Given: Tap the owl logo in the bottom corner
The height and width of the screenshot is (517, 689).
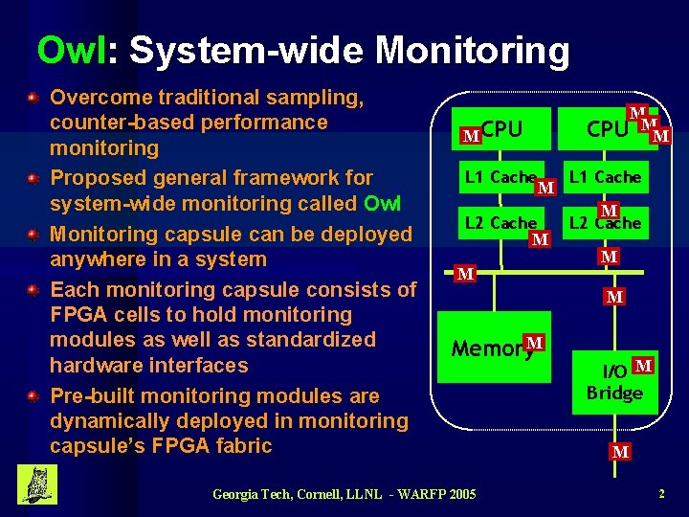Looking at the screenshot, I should (x=37, y=484).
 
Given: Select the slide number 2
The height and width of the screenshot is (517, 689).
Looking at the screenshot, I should (x=661, y=494).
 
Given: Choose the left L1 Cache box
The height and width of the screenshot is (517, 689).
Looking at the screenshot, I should (x=500, y=177).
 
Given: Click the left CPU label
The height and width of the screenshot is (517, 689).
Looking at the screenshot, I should (x=502, y=128).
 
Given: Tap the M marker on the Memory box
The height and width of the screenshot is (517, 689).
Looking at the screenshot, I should (x=535, y=343).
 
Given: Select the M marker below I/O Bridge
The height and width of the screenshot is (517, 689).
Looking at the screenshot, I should (x=620, y=451).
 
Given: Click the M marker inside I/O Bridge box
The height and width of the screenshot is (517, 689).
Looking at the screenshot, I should (x=643, y=365).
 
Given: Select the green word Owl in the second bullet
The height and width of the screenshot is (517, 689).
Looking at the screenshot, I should (x=383, y=203).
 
